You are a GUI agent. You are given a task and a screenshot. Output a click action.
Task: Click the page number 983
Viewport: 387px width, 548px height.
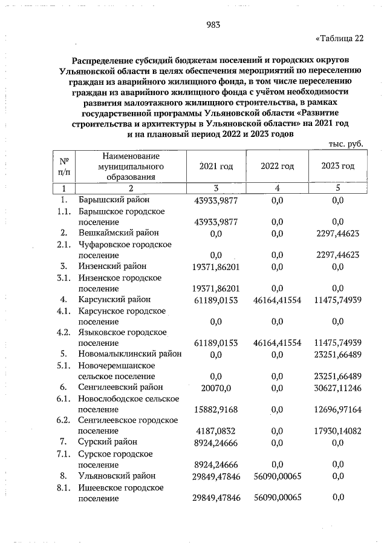point(212,25)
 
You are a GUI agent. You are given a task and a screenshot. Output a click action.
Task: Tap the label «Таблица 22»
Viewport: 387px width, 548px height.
point(340,39)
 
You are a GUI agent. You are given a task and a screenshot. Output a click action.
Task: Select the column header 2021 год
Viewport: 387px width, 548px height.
point(216,166)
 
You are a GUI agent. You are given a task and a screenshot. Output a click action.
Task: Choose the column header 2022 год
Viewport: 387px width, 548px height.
point(277,166)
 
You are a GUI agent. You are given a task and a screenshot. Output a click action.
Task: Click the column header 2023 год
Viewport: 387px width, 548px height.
point(337,166)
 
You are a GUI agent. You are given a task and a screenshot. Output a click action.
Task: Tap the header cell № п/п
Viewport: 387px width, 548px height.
point(63,166)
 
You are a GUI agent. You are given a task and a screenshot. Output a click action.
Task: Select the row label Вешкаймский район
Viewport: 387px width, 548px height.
point(118,233)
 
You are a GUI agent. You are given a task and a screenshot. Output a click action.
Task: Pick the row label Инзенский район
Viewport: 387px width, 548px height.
point(112,266)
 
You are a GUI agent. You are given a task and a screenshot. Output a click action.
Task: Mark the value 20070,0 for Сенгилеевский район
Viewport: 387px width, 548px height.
point(216,388)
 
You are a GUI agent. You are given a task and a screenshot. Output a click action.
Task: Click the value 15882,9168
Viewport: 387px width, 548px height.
point(216,409)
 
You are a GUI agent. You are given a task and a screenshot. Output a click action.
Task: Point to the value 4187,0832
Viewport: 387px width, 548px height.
point(216,431)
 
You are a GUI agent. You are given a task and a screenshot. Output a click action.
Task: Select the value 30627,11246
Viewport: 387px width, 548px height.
point(338,388)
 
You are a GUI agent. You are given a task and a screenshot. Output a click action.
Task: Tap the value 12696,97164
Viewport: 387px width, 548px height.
point(338,409)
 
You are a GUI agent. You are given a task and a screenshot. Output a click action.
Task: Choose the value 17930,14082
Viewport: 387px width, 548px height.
point(338,431)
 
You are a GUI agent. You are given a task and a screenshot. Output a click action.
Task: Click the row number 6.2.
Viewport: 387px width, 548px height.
point(63,420)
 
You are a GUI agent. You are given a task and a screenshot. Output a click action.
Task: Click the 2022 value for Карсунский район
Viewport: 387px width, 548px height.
point(277,299)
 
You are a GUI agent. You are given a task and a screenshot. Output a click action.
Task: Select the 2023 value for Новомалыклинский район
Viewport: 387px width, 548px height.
point(338,354)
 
